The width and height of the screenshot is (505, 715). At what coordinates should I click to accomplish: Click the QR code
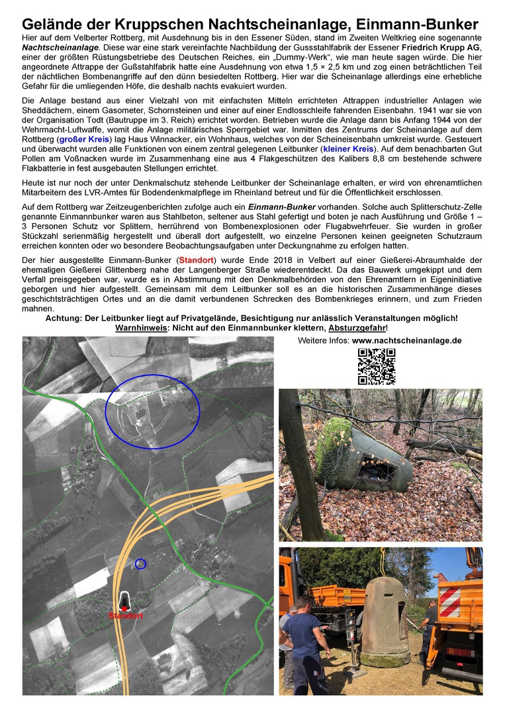coord(377,366)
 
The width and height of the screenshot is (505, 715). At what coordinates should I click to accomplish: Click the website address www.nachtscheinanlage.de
coord(406,340)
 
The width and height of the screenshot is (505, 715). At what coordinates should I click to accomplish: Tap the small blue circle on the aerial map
coord(140,564)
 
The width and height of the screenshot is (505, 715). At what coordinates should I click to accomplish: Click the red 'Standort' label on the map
coord(125,616)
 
